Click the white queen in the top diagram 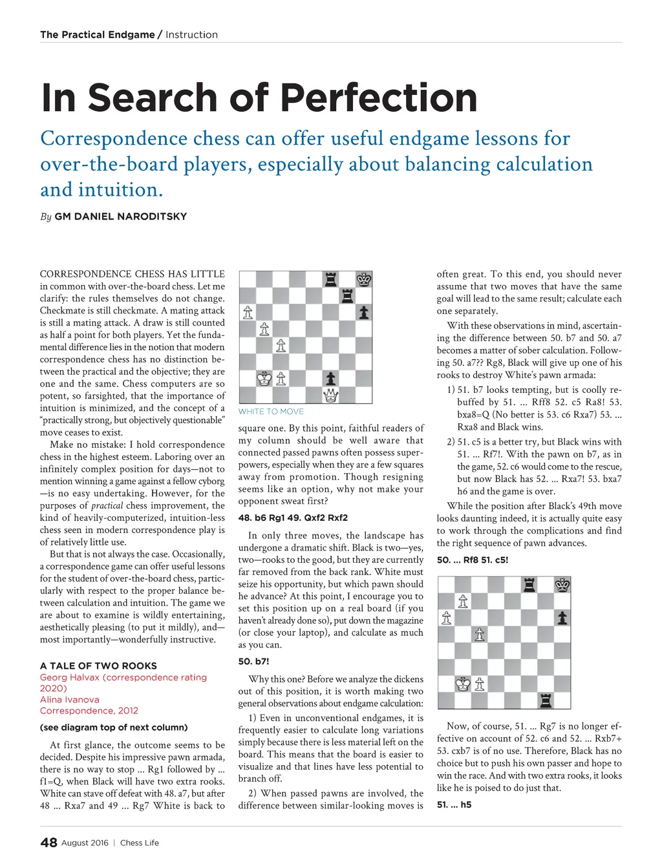pos(330,395)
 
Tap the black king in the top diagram pos(364,280)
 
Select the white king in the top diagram pos(264,379)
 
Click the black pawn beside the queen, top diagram pos(330,378)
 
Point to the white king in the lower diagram pos(463,684)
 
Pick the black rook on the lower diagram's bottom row pos(546,700)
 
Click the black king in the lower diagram pos(563,585)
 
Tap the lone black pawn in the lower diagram pos(563,618)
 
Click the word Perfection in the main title pos(379,98)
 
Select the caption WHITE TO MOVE pos(271,412)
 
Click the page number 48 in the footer pos(48,843)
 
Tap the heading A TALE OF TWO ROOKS pos(98,666)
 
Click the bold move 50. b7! pos(253,662)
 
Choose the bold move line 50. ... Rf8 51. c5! pos(473,560)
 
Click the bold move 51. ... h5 pos(454,804)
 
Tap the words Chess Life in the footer pos(140,843)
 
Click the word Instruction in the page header pos(191,35)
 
